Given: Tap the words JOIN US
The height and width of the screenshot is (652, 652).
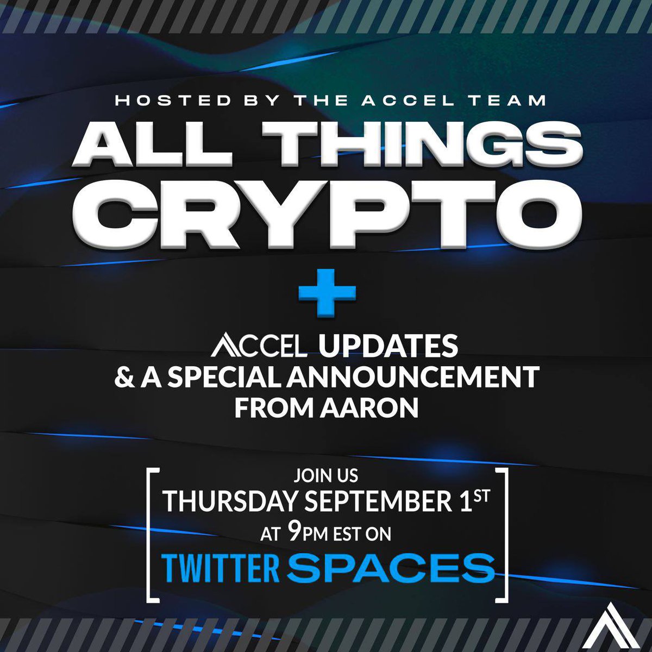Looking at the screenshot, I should tap(326, 476).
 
